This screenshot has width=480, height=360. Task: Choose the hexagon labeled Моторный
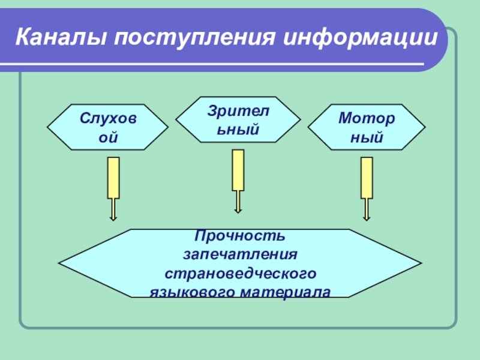coord(366,127)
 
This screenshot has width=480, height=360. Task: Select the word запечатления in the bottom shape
coord(240,254)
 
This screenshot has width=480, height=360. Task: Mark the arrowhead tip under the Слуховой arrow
coord(113,220)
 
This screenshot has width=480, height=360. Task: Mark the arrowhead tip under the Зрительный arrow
coord(238,212)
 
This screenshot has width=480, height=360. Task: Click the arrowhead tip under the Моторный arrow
coord(367,220)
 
